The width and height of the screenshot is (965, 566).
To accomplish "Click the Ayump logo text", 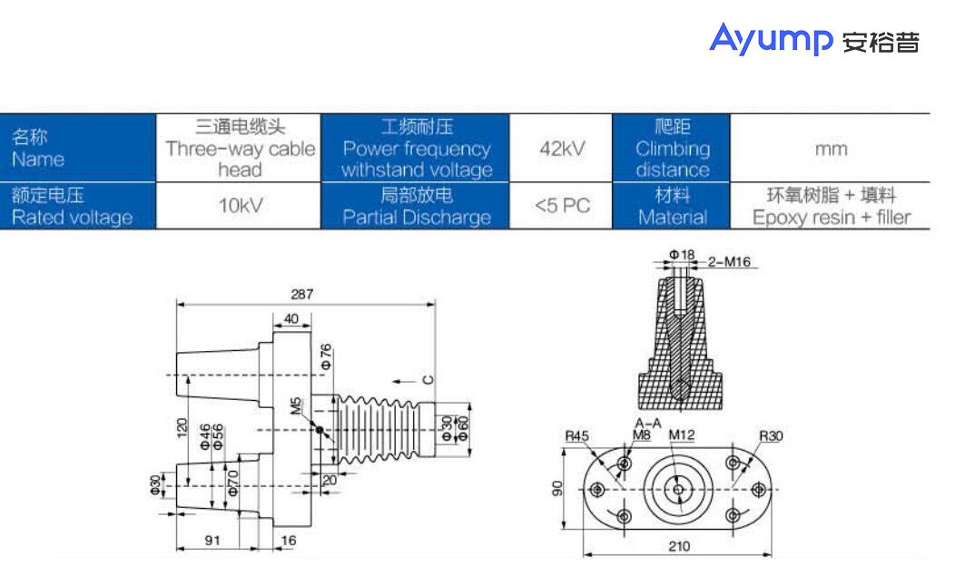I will pyautogui.click(x=771, y=38).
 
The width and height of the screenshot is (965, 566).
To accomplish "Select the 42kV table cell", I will pyautogui.click(x=562, y=148).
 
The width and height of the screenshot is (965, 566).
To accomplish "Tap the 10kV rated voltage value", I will pyautogui.click(x=240, y=206).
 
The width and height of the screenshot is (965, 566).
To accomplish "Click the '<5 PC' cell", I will pyautogui.click(x=562, y=206).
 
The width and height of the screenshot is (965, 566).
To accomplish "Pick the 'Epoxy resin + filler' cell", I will pyautogui.click(x=830, y=206).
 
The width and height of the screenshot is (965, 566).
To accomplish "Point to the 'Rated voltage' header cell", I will pyautogui.click(x=78, y=206).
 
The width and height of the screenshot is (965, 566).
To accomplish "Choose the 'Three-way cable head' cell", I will pyautogui.click(x=240, y=148).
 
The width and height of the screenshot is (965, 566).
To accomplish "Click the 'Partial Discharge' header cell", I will pyautogui.click(x=416, y=206).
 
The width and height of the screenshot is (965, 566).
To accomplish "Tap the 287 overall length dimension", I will pyautogui.click(x=302, y=294).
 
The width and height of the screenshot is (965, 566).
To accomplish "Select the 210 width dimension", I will pyautogui.click(x=678, y=546).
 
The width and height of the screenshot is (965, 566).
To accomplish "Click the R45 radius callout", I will pyautogui.click(x=576, y=436).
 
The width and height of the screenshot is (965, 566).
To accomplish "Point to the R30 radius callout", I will pyautogui.click(x=771, y=435).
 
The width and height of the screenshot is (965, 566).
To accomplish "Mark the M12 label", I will pyautogui.click(x=682, y=435).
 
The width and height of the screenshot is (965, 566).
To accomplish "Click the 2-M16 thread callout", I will pyautogui.click(x=732, y=261).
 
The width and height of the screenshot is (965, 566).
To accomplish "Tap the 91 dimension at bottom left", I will pyautogui.click(x=212, y=540).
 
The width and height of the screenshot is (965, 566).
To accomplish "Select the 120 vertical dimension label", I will pyautogui.click(x=182, y=427).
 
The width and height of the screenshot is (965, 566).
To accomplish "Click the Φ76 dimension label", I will pyautogui.click(x=326, y=356).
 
